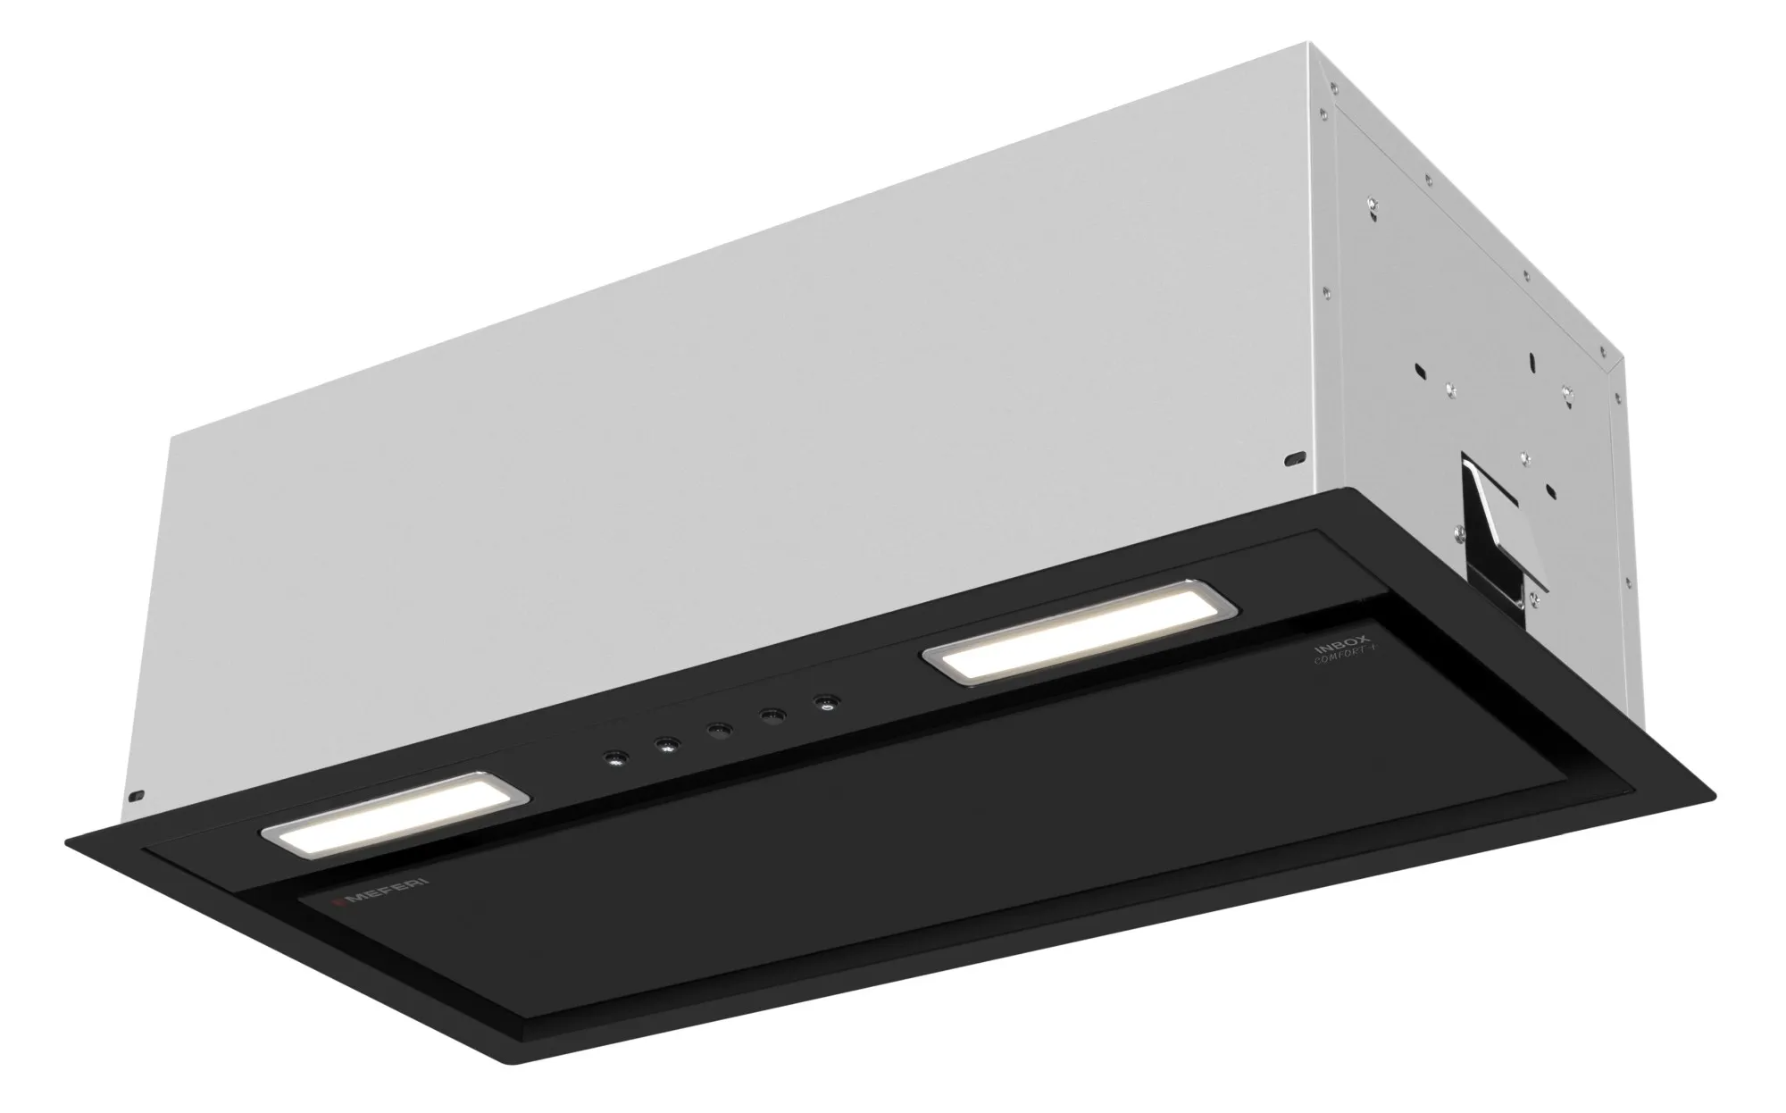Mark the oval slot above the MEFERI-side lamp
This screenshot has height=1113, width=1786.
point(138,793)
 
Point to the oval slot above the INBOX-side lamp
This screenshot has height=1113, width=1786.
point(1292,459)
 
